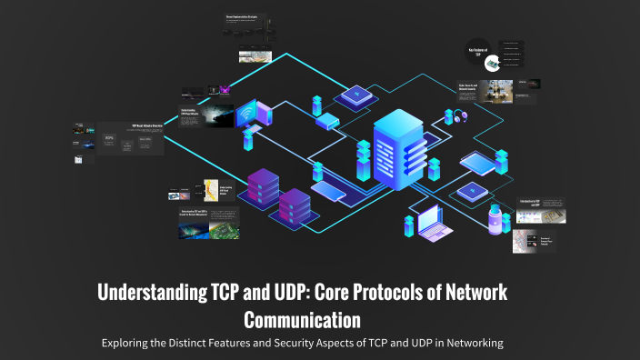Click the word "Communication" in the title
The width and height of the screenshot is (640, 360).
(303, 320)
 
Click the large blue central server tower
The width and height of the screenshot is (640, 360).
(398, 150)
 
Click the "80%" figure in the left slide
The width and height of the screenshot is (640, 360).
(110, 139)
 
